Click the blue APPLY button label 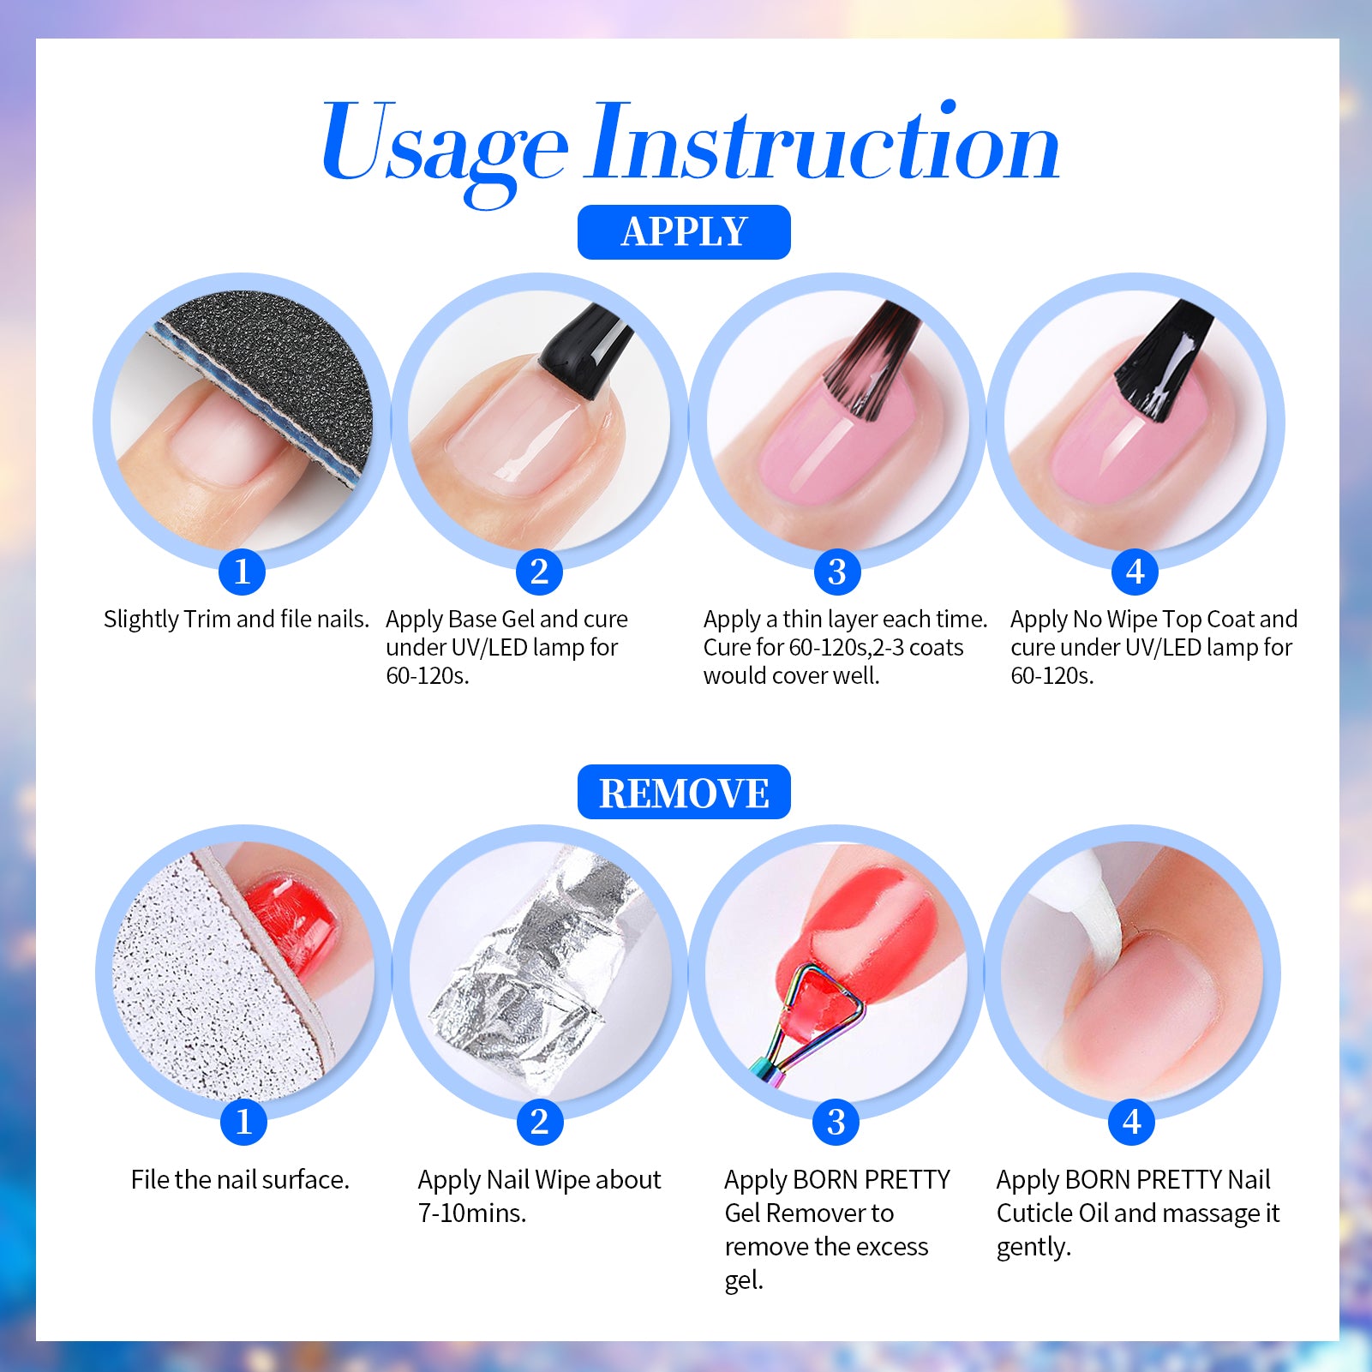click(684, 232)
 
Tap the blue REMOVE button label click(684, 793)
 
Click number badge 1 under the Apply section click(242, 572)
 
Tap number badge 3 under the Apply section click(837, 572)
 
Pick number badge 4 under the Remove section click(1132, 1122)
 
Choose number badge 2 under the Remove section click(540, 1122)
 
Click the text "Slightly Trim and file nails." click(237, 620)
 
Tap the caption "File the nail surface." click(240, 1180)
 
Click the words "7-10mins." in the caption click(472, 1213)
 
